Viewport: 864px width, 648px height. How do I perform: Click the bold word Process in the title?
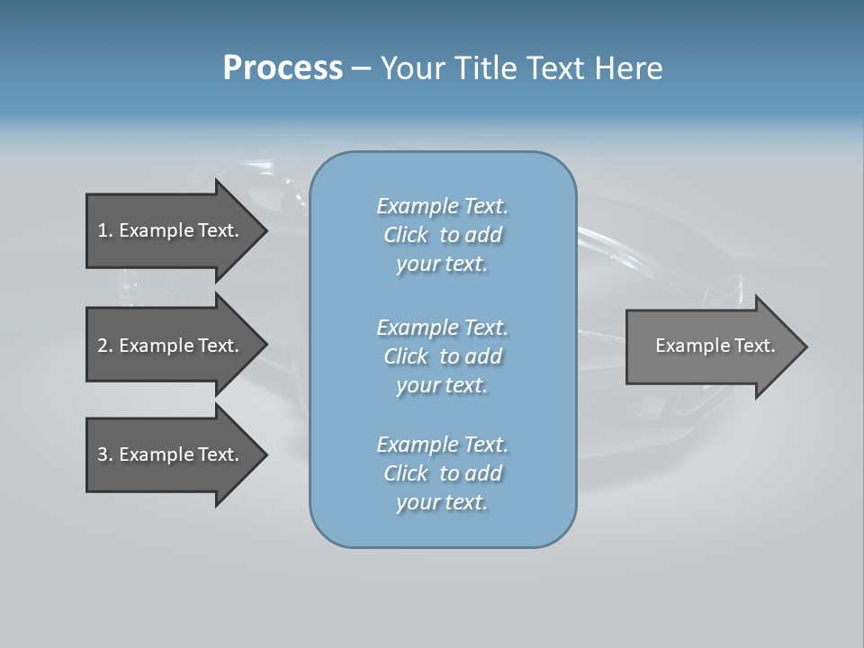point(283,68)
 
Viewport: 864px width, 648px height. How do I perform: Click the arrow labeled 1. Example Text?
point(168,230)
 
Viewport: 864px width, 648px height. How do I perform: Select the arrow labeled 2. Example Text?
point(168,346)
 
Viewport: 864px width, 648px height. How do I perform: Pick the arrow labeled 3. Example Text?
point(168,454)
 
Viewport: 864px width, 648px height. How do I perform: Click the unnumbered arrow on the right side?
point(715,346)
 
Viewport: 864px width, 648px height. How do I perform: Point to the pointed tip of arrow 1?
point(264,230)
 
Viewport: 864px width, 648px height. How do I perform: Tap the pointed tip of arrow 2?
point(264,346)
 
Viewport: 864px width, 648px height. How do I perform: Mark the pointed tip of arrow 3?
point(264,454)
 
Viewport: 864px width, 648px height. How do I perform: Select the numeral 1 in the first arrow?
point(103,230)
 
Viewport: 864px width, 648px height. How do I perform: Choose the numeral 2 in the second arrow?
point(103,346)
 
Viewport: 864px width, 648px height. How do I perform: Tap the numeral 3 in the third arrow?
point(103,454)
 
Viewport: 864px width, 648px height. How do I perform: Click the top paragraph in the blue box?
point(442,235)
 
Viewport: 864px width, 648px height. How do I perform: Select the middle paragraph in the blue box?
point(442,356)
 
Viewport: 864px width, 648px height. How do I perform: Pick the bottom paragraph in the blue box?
point(442,473)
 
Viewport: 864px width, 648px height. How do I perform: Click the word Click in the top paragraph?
point(406,235)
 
